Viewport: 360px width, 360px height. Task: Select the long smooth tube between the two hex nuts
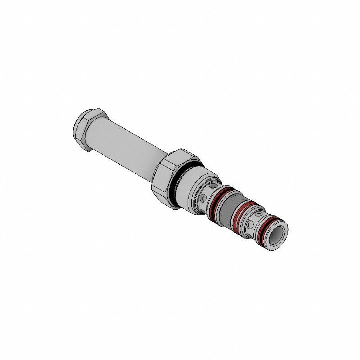pyautogui.click(x=126, y=149)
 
